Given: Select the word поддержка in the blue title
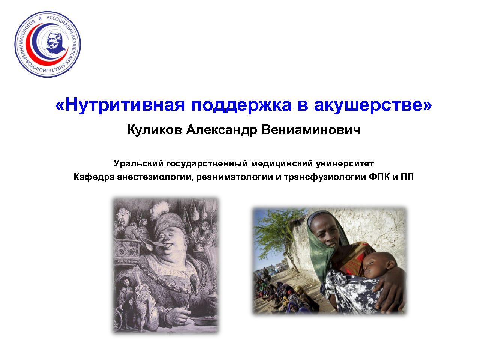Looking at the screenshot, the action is coord(241,105).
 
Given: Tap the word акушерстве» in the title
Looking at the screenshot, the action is coord(373,105).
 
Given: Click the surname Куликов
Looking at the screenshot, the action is coord(154,130).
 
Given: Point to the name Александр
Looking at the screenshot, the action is coord(221,130).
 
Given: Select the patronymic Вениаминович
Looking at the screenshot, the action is coord(311,130).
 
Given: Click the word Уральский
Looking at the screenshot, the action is coord(138,164).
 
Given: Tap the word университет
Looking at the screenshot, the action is coord(345,164).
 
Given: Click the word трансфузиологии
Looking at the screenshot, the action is coord(325,177).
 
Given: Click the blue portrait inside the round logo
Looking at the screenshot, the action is coord(54,43).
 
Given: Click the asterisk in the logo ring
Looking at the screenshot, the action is coord(40,18).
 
